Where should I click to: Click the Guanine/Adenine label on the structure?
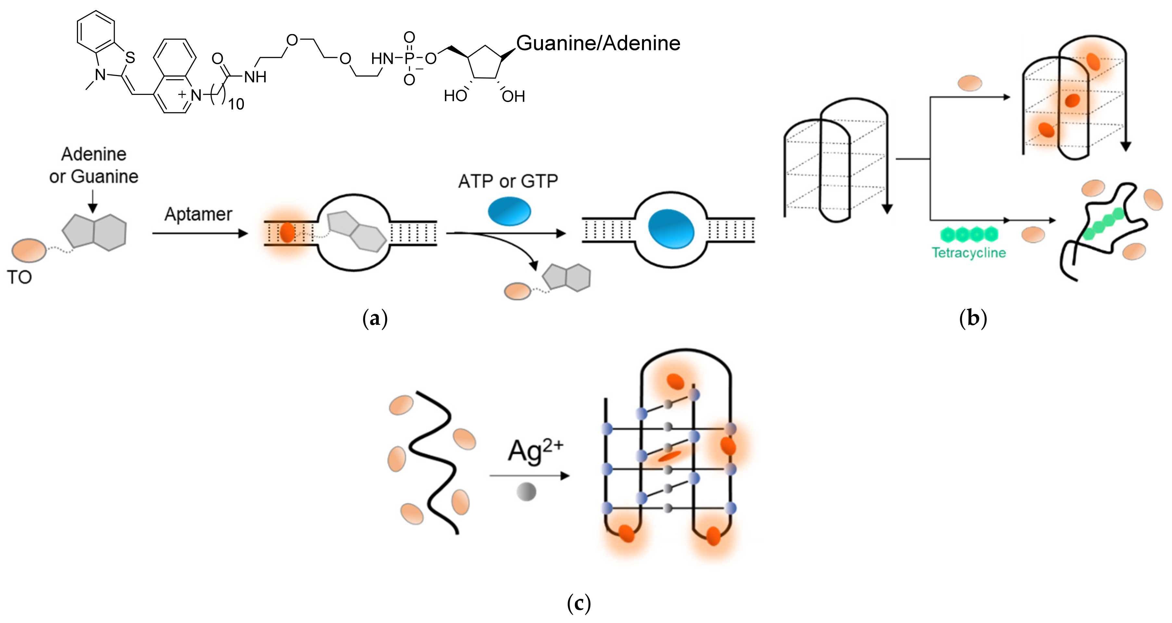click(598, 44)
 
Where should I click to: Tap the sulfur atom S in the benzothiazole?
click(130, 58)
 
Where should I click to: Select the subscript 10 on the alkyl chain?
click(236, 104)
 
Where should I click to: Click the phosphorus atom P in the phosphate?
click(409, 58)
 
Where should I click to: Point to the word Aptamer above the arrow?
click(198, 214)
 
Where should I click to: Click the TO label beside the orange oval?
click(19, 277)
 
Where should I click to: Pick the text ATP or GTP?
click(508, 181)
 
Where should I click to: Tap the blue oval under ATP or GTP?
click(509, 211)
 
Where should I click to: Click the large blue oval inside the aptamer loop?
click(671, 228)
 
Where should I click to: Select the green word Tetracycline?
click(969, 253)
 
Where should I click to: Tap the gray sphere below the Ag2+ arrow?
click(526, 491)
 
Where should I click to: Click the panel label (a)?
click(375, 318)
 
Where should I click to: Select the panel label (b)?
click(973, 318)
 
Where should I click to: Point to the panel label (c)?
click(579, 604)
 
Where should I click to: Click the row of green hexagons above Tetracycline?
click(969, 235)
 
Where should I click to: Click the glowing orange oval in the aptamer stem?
click(287, 232)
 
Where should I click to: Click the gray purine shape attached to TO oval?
click(94, 232)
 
